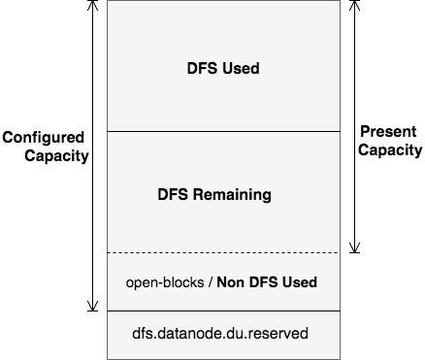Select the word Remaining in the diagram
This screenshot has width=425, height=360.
point(237,194)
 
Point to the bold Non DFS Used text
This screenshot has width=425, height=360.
point(267,282)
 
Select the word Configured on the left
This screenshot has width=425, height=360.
point(44,137)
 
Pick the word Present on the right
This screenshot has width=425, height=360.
point(389,132)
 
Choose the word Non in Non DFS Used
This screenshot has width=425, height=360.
point(230,282)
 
